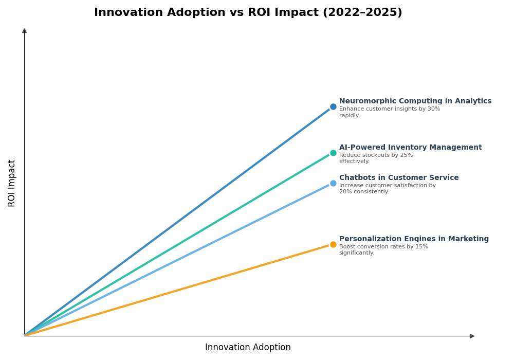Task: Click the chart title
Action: pos(248,13)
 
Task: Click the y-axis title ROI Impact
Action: pos(12,183)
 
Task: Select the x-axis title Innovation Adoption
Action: pos(248,348)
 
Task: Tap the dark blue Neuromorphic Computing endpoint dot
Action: pos(333,107)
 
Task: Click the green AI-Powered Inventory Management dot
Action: pos(333,153)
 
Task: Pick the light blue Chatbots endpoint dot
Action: pos(333,183)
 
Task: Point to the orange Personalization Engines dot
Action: pos(333,244)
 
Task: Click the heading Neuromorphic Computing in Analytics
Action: pos(415,101)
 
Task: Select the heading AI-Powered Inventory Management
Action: pos(410,148)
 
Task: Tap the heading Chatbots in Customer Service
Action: pos(398,178)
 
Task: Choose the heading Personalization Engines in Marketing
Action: pos(414,239)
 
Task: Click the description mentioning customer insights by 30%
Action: pos(389,112)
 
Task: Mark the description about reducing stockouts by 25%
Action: pos(375,158)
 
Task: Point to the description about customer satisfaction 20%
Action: pos(387,189)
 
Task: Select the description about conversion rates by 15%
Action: pos(383,250)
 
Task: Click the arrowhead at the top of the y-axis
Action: pos(24,31)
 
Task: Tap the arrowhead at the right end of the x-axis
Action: pos(472,336)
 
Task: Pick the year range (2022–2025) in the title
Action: pos(362,13)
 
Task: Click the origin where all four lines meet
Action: pos(25,335)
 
